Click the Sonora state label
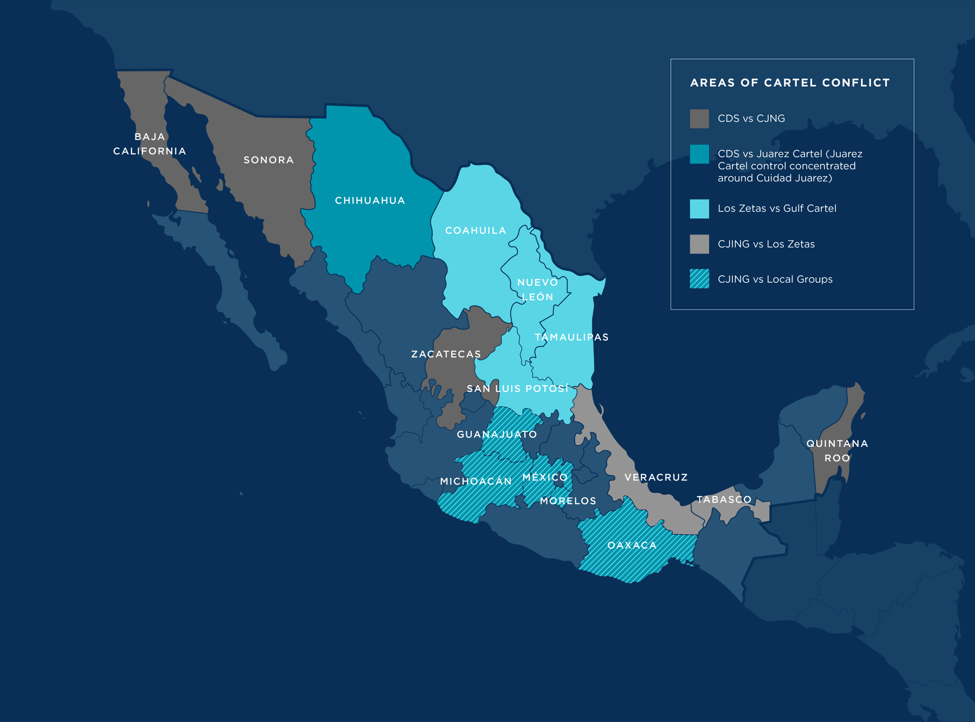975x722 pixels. (269, 160)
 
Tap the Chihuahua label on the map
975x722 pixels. (370, 200)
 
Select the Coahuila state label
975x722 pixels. (476, 230)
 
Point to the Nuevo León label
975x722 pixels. (537, 289)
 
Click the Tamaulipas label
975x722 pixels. (571, 337)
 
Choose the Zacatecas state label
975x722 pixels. (446, 354)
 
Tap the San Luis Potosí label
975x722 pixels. (518, 388)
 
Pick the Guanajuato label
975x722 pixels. (497, 434)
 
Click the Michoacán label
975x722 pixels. (476, 481)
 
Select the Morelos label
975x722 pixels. (568, 501)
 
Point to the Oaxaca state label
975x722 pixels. (632, 545)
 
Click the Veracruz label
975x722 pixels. (656, 477)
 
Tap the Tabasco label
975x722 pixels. (724, 499)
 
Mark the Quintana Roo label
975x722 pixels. (837, 451)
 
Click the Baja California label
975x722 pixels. (149, 144)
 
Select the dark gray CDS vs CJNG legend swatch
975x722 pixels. (699, 119)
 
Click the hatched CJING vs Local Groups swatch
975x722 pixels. (699, 279)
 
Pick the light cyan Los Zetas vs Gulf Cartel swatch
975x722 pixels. (699, 209)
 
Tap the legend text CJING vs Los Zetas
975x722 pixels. (766, 244)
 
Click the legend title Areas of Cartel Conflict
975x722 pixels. (790, 83)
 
